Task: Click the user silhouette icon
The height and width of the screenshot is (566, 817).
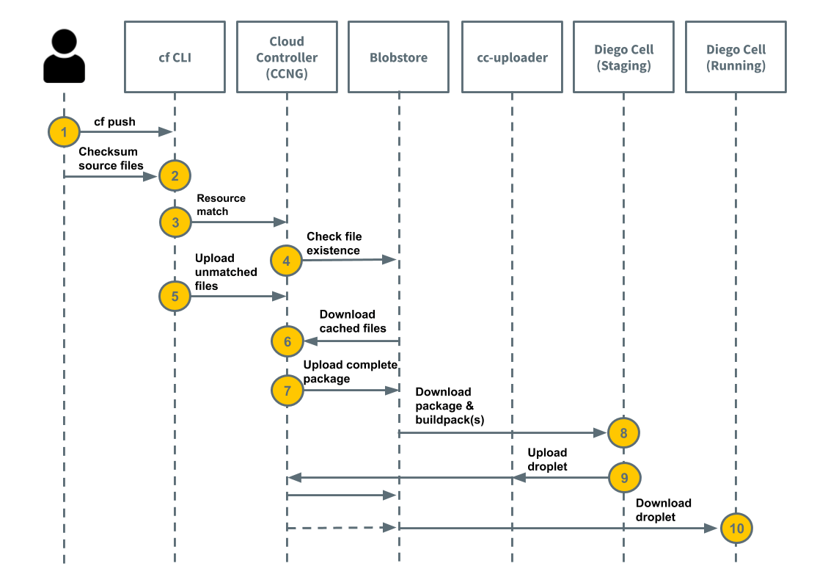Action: [x=64, y=57]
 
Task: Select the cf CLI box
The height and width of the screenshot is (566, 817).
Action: [x=175, y=57]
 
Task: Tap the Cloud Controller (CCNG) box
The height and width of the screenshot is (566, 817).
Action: [x=287, y=57]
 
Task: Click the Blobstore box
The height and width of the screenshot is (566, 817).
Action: [x=398, y=57]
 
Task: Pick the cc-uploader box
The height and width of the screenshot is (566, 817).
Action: [x=512, y=57]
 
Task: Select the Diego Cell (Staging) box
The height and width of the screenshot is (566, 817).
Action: [x=623, y=57]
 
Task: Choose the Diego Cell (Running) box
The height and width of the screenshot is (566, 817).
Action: [x=736, y=57]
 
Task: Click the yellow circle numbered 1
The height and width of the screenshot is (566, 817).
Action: [x=64, y=132]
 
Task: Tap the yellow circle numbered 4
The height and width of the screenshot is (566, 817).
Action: [x=286, y=260]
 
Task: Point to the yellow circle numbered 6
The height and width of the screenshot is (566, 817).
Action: [x=286, y=341]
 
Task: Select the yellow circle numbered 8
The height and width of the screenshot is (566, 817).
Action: [x=623, y=432]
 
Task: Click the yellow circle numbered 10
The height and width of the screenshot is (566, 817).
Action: [x=736, y=528]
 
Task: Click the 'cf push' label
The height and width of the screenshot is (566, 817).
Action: [x=114, y=122]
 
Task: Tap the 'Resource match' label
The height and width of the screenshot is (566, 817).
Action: [x=221, y=205]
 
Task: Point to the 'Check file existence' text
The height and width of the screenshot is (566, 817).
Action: [x=334, y=243]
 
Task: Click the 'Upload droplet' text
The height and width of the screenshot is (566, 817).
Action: [x=547, y=460]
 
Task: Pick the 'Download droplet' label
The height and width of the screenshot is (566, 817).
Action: [x=663, y=509]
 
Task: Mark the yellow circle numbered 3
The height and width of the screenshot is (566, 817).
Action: [x=175, y=222]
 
